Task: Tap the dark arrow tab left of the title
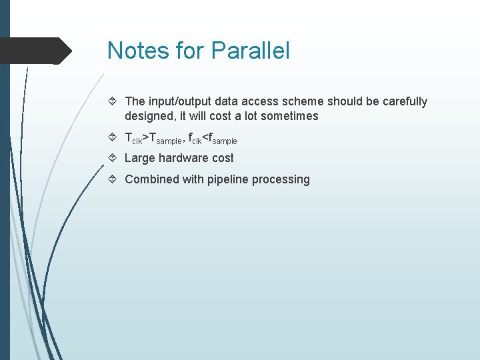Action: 36,51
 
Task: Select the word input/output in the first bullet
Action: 177,101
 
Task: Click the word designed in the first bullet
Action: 148,116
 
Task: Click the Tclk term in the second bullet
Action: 134,139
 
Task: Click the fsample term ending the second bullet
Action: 222,139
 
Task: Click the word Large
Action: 140,158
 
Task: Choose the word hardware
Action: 184,158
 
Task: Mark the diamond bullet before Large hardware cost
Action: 113,158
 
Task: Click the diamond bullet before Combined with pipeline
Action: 113,179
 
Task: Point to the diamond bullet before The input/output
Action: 113,101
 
